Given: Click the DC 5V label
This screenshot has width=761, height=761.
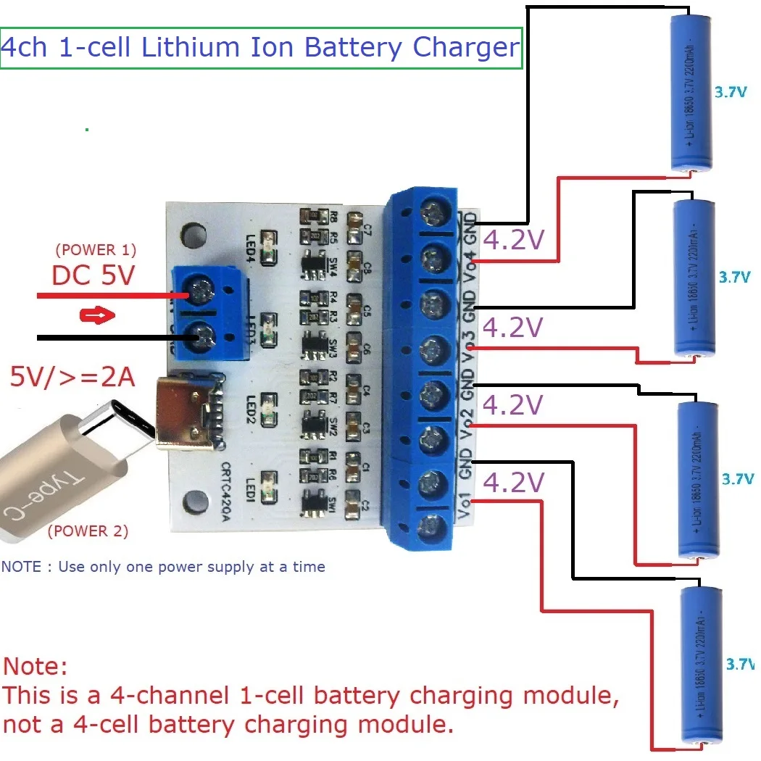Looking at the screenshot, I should [93, 275].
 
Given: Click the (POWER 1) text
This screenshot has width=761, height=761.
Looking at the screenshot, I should [95, 250].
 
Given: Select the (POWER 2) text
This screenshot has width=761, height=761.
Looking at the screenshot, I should [88, 531].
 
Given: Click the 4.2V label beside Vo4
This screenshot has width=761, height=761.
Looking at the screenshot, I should [513, 241].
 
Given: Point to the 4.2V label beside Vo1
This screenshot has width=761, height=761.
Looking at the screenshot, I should [513, 483].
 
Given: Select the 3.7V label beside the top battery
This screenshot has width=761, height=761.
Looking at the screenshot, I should [730, 93].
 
